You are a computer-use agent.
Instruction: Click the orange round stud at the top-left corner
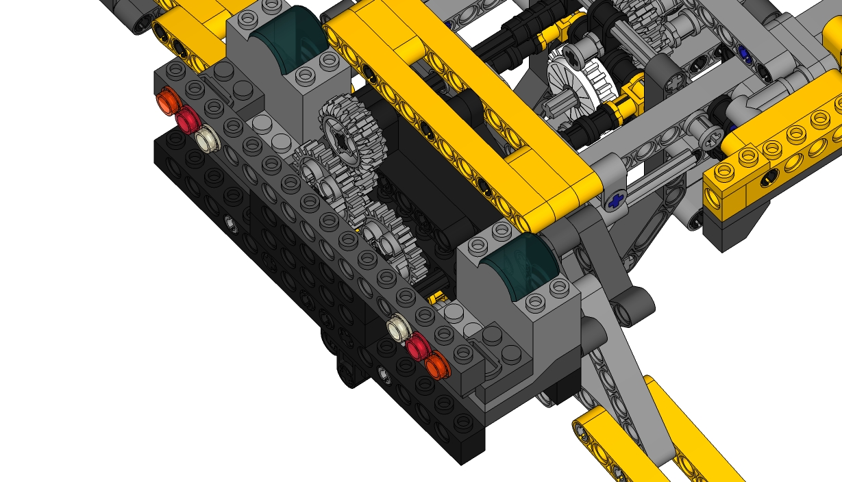[166, 102]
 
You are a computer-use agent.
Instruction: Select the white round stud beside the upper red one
[206, 140]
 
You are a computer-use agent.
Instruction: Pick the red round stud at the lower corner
[417, 348]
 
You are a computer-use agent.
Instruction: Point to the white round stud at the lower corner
[397, 329]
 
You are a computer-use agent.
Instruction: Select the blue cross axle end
[617, 201]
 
